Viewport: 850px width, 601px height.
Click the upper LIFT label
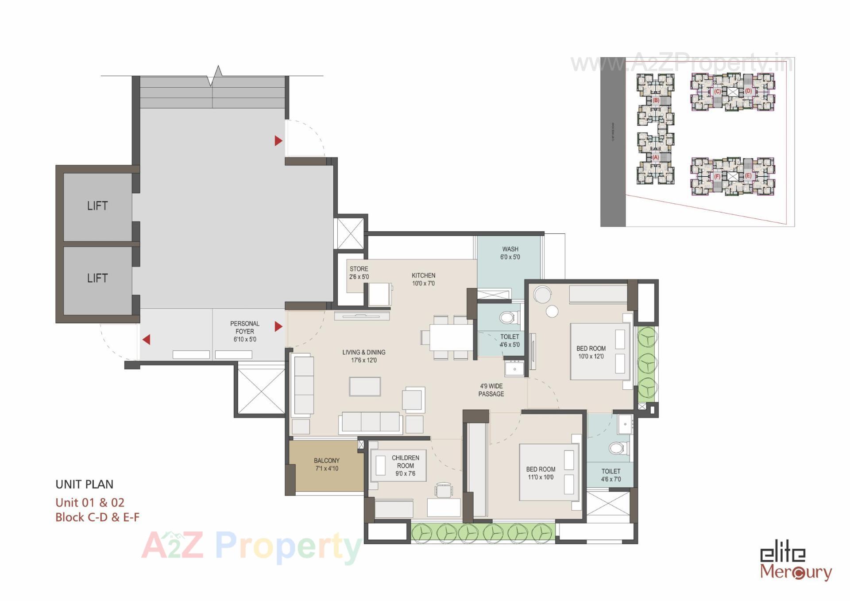pyautogui.click(x=97, y=206)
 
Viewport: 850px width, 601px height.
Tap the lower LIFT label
pyautogui.click(x=97, y=278)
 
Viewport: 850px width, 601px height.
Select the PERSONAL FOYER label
pyautogui.click(x=245, y=331)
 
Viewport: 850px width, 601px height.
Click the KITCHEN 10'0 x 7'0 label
pyautogui.click(x=423, y=279)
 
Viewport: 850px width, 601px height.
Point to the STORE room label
pyautogui.click(x=359, y=273)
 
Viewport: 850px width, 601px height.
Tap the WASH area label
pyautogui.click(x=510, y=253)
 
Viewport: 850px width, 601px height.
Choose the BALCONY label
pyautogui.click(x=327, y=464)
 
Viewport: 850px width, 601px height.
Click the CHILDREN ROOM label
pyautogui.click(x=405, y=465)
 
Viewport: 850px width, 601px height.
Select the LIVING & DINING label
pyautogui.click(x=363, y=356)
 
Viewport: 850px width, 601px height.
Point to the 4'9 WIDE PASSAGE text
pyautogui.click(x=491, y=390)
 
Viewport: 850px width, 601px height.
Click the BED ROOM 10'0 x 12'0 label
pyautogui.click(x=591, y=352)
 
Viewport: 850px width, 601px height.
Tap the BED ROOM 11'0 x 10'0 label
pyautogui.click(x=541, y=473)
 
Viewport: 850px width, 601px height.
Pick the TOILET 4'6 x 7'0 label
pyautogui.click(x=611, y=475)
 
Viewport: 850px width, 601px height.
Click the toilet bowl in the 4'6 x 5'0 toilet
pyautogui.click(x=508, y=317)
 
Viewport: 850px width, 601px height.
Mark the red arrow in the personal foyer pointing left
pyautogui.click(x=147, y=339)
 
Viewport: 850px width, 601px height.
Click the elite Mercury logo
pyautogui.click(x=795, y=563)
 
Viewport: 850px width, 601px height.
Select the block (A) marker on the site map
pyautogui.click(x=656, y=157)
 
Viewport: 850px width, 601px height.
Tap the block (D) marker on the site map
pyautogui.click(x=748, y=91)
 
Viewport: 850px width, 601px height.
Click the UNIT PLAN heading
pyautogui.click(x=85, y=484)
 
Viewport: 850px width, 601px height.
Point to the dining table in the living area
pyautogui.click(x=451, y=337)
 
